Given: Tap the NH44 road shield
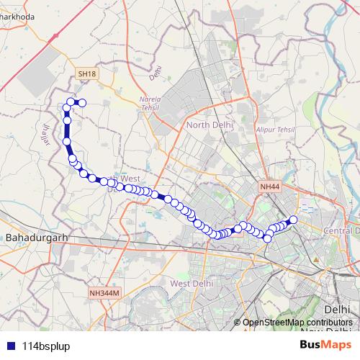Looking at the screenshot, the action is click(269, 186).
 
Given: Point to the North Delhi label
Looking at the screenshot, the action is click(210, 125).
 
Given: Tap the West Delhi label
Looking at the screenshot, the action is click(192, 284).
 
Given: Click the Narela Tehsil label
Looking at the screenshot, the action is click(152, 105).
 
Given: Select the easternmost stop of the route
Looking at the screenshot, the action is click(293, 220).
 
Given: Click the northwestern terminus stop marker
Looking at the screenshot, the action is click(81, 103).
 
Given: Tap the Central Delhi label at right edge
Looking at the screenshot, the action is click(342, 230).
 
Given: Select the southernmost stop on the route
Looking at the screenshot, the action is click(267, 238).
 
